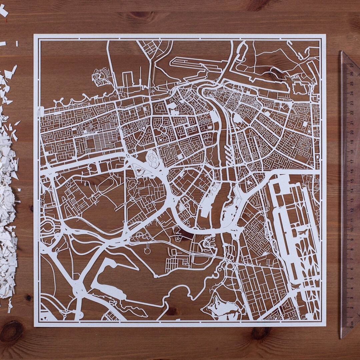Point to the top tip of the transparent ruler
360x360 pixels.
click(x=342, y=51)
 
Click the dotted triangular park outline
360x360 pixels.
click(x=139, y=170)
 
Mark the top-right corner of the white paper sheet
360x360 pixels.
click(x=325, y=34)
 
